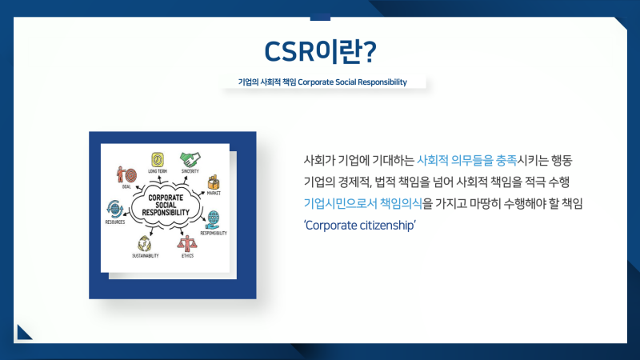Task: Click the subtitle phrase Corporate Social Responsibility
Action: point(352,82)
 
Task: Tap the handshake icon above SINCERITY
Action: point(189,158)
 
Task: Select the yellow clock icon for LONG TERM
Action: point(158,158)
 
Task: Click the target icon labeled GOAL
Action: point(126,174)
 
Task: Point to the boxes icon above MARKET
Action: point(214,182)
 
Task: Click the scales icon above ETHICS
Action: point(187,242)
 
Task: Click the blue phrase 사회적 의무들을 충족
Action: point(462,159)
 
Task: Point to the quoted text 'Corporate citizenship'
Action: point(360,226)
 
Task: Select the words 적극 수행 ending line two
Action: point(547,182)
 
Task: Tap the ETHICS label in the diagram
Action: point(187,256)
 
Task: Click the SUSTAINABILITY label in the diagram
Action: point(146,256)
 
